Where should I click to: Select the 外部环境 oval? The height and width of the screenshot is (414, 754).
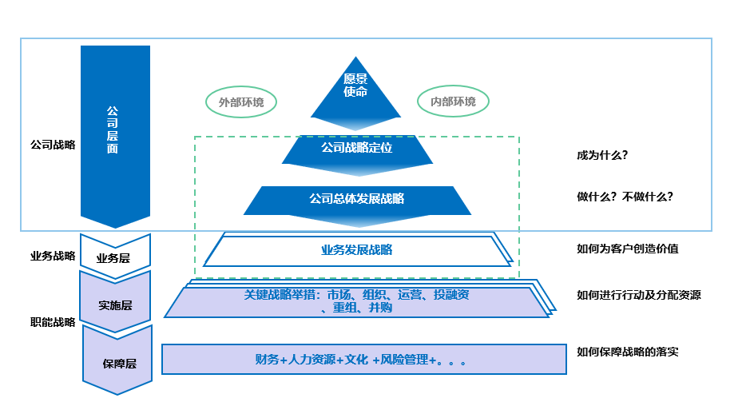click(x=241, y=102)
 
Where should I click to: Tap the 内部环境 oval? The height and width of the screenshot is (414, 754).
click(x=453, y=102)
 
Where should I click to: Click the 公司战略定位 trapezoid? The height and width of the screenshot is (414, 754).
click(x=357, y=149)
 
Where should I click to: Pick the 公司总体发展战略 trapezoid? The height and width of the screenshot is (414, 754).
click(x=357, y=200)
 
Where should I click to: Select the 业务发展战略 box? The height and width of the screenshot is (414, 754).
click(x=357, y=250)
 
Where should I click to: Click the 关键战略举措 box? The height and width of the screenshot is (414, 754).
click(x=357, y=301)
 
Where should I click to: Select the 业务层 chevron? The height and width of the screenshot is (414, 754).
click(x=114, y=257)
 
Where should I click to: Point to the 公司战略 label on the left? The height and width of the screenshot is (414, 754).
click(x=52, y=145)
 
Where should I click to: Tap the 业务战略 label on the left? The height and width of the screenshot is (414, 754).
click(x=52, y=257)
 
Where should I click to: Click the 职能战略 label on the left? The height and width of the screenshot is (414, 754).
click(x=52, y=323)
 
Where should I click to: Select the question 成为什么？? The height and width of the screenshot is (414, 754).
click(x=601, y=155)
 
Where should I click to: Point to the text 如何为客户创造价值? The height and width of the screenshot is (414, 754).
click(x=627, y=249)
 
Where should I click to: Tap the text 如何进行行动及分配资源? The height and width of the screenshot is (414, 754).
click(x=638, y=295)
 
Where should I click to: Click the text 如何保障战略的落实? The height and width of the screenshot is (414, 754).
click(x=627, y=352)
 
